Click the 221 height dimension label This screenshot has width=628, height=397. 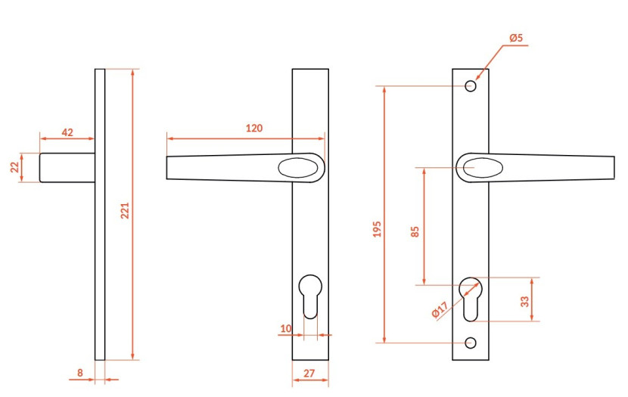click(x=126, y=211)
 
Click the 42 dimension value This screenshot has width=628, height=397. click(x=67, y=132)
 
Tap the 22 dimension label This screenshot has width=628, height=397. click(x=15, y=167)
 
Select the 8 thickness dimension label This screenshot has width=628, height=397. click(x=80, y=373)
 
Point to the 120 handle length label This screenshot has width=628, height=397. click(x=254, y=128)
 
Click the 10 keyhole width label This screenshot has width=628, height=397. click(x=286, y=329)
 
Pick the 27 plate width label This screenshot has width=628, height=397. click(x=309, y=374)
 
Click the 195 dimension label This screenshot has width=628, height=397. click(x=377, y=229)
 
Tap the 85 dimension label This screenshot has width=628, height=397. click(x=415, y=231)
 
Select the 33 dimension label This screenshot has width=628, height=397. click(x=524, y=302)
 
